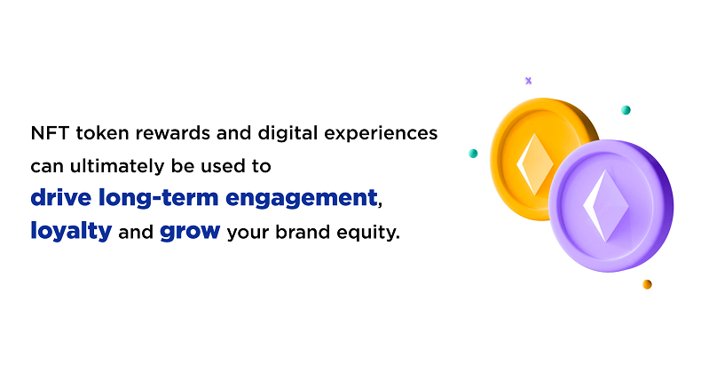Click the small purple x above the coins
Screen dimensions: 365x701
pos(528,81)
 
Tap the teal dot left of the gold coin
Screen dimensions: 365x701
pos(473,154)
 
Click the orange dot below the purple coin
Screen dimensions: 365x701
pos(647,284)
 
